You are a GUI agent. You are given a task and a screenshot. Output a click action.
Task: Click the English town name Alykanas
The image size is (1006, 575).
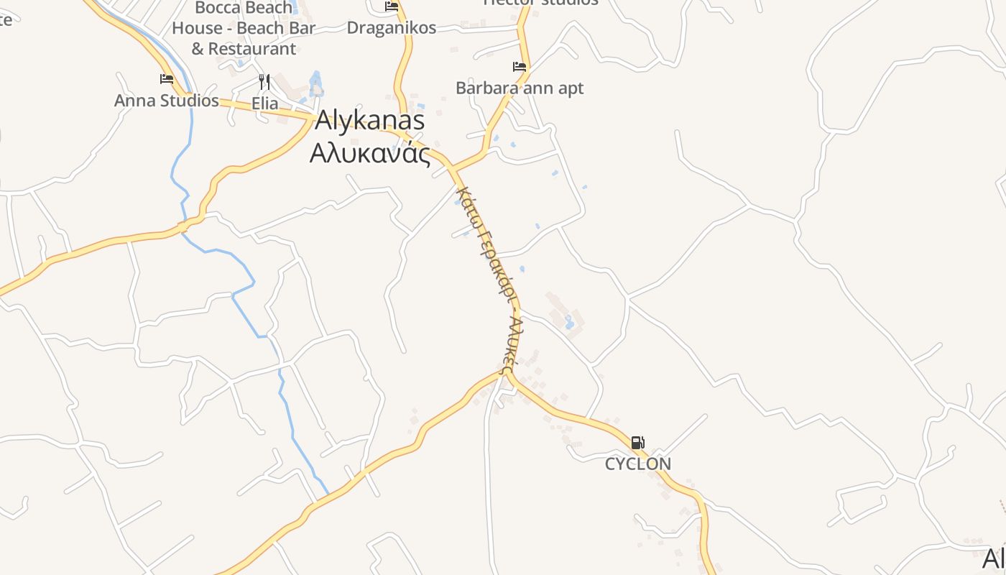[369, 121]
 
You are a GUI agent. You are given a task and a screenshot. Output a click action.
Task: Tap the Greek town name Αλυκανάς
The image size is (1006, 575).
[369, 153]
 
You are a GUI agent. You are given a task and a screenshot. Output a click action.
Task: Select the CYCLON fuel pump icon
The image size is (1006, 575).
[637, 443]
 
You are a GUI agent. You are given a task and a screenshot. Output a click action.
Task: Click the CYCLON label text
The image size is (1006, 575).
[637, 464]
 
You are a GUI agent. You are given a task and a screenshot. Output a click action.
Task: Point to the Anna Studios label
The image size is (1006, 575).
[166, 101]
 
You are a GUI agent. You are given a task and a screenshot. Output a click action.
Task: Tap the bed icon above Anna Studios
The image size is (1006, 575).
[167, 79]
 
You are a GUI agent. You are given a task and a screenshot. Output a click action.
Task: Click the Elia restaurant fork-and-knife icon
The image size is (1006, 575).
[264, 81]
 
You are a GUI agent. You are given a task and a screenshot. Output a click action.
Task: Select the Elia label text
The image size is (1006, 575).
[264, 103]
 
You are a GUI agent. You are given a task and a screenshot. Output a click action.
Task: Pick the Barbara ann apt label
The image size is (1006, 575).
[520, 88]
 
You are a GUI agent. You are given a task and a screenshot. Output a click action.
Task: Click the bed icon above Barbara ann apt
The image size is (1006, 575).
[520, 67]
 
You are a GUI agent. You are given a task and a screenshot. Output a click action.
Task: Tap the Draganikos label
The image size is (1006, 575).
[391, 28]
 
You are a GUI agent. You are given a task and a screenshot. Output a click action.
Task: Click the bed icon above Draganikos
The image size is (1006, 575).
[392, 6]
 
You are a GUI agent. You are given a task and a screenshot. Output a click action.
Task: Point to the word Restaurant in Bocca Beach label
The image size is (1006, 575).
[252, 49]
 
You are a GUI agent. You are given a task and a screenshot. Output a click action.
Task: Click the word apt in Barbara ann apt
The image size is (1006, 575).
[568, 88]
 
